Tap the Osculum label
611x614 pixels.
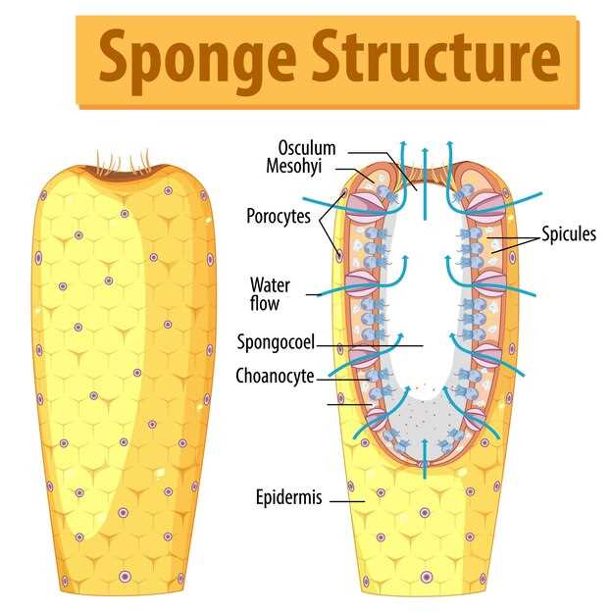tap(306, 148)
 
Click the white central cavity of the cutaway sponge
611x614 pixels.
tap(424, 294)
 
